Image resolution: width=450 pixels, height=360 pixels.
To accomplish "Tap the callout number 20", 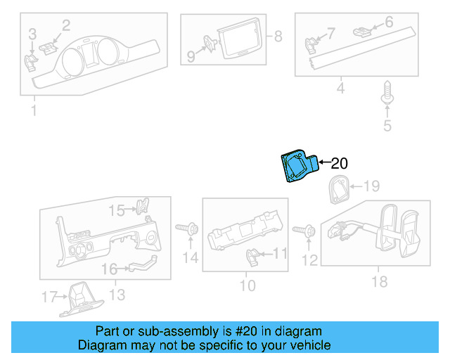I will point(339,164).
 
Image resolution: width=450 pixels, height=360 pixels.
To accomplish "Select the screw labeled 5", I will point(386,94).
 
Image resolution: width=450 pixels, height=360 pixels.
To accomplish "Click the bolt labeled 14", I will point(188,229).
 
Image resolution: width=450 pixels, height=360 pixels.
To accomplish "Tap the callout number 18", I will point(379,282).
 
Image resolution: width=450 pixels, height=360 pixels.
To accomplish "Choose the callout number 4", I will point(340,89).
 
